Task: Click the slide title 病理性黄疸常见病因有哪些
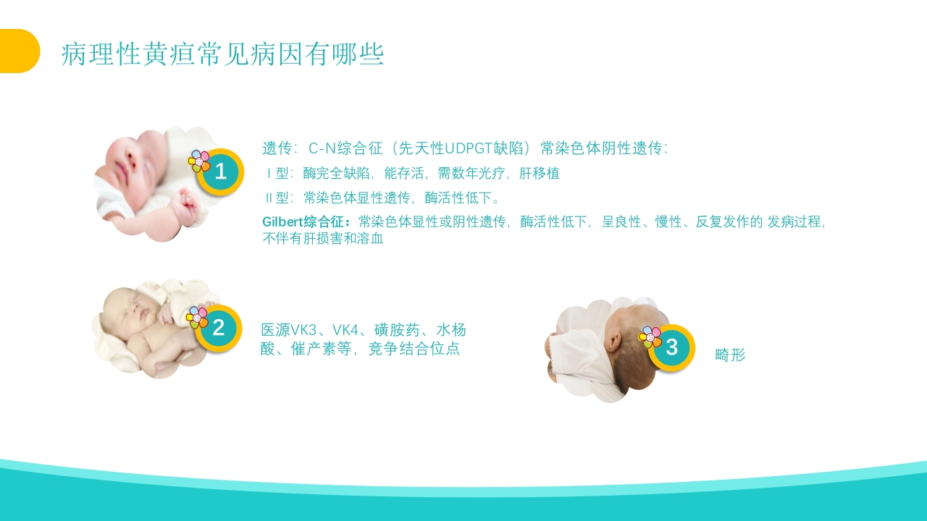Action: point(222,54)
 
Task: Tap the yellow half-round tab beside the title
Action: point(18,51)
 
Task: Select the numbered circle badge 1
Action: point(221,172)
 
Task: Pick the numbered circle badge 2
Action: point(218,329)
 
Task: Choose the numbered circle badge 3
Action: point(671,347)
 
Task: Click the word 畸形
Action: point(730,355)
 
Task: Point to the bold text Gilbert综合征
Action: point(306,221)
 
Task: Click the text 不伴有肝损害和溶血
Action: point(322,238)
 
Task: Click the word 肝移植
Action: point(540,174)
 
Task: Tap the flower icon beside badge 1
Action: point(199,161)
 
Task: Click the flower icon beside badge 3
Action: point(650,336)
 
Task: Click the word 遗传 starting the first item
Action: point(276,148)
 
